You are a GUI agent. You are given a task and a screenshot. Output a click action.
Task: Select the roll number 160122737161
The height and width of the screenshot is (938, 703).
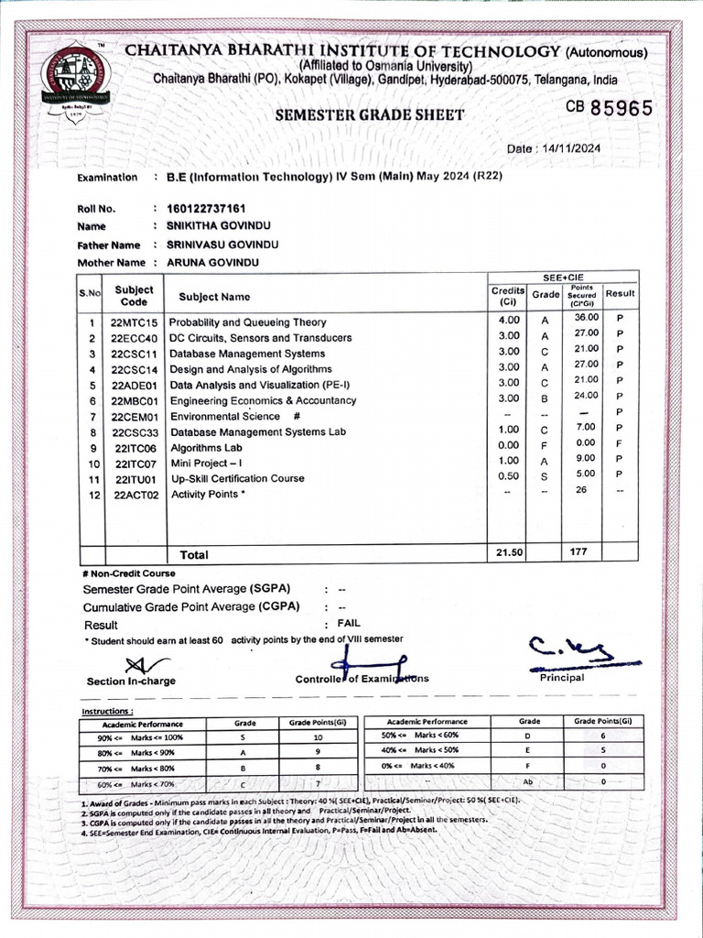(x=207, y=209)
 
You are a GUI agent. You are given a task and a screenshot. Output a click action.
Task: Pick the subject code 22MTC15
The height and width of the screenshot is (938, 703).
(x=135, y=322)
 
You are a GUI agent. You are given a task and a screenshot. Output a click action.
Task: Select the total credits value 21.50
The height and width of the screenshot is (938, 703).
(x=508, y=553)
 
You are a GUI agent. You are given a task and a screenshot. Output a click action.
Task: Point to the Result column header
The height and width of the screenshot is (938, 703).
(x=620, y=294)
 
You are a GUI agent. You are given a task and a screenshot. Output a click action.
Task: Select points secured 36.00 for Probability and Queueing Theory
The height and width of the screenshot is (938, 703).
(x=586, y=318)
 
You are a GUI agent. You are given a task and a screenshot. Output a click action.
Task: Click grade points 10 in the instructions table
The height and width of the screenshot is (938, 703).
(x=318, y=736)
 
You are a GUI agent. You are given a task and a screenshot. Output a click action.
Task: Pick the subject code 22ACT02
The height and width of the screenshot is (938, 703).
(x=136, y=495)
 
